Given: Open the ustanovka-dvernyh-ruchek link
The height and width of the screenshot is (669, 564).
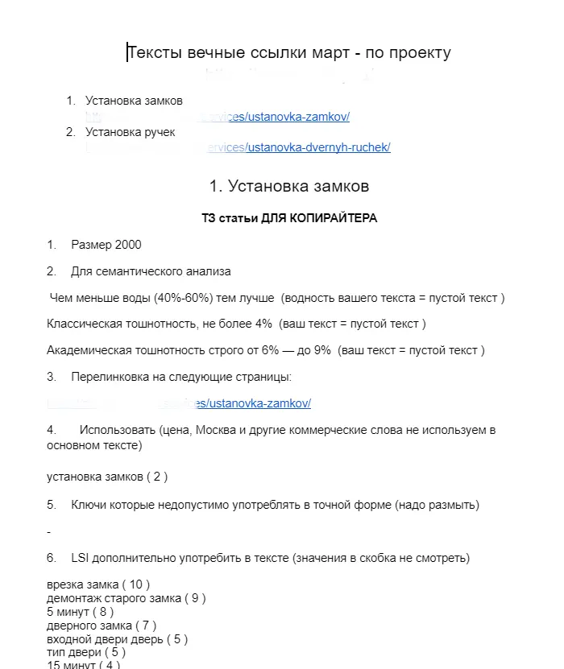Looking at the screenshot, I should click(319, 147).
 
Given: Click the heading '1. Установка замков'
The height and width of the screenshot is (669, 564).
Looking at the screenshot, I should click(289, 187).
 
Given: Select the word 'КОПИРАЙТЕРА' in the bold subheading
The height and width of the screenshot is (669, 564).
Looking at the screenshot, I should click(337, 218).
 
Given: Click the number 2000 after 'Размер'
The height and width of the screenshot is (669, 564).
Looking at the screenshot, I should click(128, 245).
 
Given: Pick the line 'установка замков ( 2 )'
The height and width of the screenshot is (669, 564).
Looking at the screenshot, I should click(107, 477).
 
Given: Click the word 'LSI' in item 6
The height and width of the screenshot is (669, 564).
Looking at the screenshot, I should click(81, 558).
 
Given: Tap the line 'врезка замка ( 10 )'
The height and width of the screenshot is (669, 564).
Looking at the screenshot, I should click(98, 584).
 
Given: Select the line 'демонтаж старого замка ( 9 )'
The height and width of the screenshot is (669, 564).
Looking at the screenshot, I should click(126, 598).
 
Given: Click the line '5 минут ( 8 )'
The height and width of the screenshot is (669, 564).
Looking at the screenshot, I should click(81, 612).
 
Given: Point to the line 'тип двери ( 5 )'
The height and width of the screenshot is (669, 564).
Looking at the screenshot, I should click(86, 652).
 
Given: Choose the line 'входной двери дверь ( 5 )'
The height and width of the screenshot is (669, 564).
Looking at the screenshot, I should click(118, 639).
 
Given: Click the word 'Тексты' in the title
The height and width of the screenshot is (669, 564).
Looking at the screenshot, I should click(157, 53).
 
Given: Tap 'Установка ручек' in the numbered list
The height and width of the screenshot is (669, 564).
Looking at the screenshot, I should click(130, 132).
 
